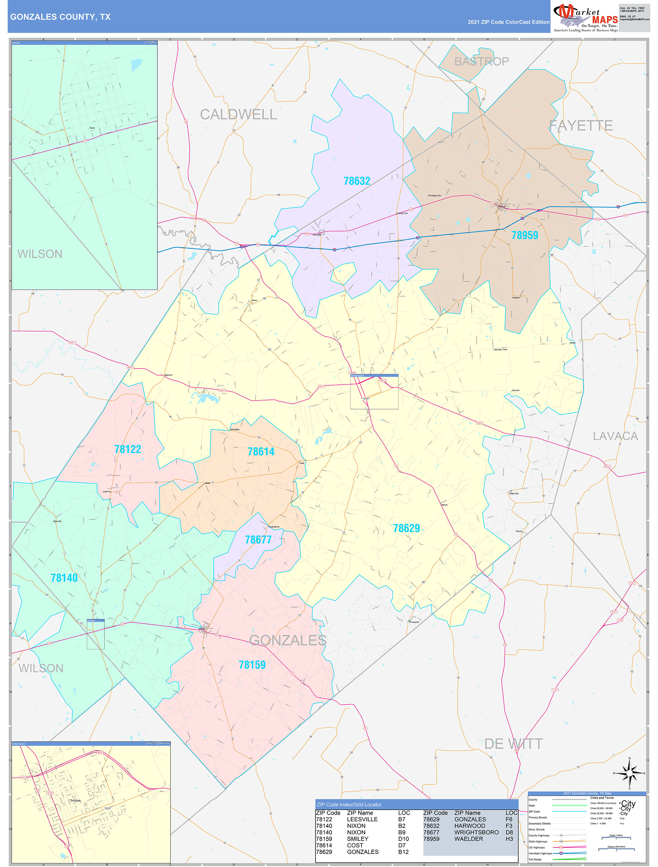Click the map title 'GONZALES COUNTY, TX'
click(60, 17)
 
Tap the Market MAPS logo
click(585, 18)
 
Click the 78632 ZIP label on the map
click(357, 181)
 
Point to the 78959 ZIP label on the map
click(524, 235)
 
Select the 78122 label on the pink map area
click(127, 449)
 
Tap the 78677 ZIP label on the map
click(258, 540)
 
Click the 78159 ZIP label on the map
click(252, 665)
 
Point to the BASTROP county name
click(481, 61)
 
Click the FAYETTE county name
click(581, 125)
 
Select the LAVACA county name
click(615, 436)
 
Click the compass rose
click(629, 773)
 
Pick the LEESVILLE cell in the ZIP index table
click(362, 819)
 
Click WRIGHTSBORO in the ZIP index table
click(476, 832)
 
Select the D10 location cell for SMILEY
click(403, 839)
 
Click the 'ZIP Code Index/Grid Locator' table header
click(349, 805)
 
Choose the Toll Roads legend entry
click(535, 859)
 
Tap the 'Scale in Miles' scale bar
click(616, 838)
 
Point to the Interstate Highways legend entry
click(540, 853)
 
